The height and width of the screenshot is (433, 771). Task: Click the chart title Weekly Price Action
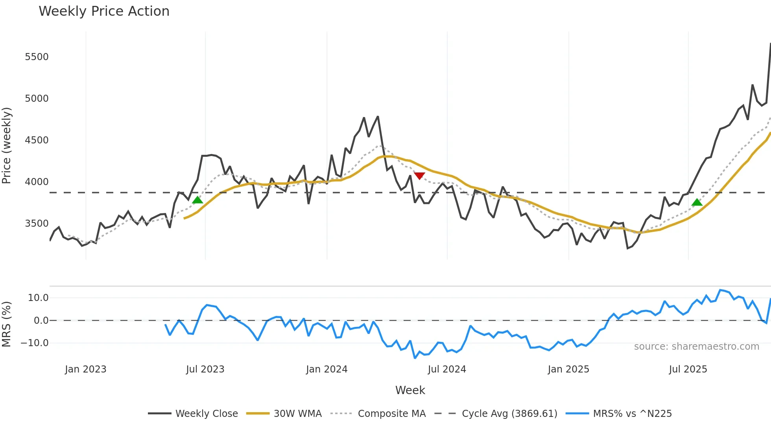(x=104, y=11)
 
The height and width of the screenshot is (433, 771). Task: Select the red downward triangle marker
(x=419, y=176)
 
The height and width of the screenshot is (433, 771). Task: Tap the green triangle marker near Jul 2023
(x=197, y=200)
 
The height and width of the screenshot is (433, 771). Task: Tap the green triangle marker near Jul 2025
(x=697, y=202)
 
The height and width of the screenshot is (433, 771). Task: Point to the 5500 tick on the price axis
(x=37, y=57)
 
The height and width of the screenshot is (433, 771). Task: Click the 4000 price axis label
(x=37, y=182)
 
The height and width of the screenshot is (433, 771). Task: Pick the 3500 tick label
(x=37, y=224)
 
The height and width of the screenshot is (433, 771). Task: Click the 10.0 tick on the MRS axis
(x=38, y=298)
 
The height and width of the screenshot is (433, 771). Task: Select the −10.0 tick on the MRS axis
(x=35, y=343)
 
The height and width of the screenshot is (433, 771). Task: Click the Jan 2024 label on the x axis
(x=326, y=369)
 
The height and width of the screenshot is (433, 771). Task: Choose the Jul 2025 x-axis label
(x=688, y=369)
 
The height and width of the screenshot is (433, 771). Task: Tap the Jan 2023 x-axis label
(x=85, y=369)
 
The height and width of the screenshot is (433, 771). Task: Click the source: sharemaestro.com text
(x=696, y=347)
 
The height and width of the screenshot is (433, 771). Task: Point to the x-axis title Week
(x=410, y=390)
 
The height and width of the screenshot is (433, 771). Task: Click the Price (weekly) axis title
(x=7, y=145)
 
